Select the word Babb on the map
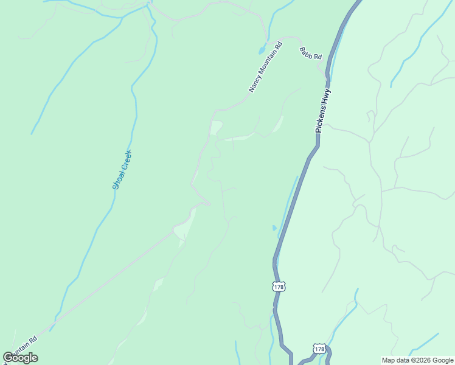point(305,53)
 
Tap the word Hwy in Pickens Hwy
point(328,97)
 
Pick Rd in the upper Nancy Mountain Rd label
point(279,46)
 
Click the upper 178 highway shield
point(279,287)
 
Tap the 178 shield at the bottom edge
point(319,349)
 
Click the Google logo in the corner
point(21,358)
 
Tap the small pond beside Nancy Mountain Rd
point(262,49)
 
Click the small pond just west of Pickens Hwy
point(274,228)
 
